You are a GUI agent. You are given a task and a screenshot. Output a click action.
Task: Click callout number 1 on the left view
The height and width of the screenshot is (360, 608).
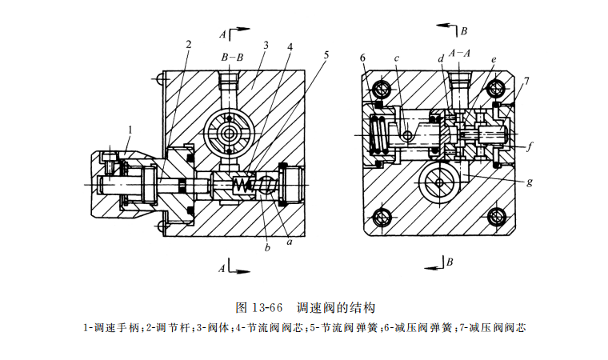(130, 129)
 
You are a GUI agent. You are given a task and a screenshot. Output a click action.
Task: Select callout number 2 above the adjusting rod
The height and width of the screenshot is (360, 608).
(189, 44)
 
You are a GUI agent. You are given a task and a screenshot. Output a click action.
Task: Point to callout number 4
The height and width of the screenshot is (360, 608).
(290, 46)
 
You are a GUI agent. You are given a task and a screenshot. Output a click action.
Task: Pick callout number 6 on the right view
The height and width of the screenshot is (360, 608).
(362, 58)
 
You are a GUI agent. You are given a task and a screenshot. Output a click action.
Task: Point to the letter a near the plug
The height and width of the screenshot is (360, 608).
(289, 238)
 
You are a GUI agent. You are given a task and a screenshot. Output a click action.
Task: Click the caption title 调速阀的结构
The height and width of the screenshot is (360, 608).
(336, 307)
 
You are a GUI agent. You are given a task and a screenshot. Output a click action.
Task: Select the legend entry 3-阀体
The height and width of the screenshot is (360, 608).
(213, 327)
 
